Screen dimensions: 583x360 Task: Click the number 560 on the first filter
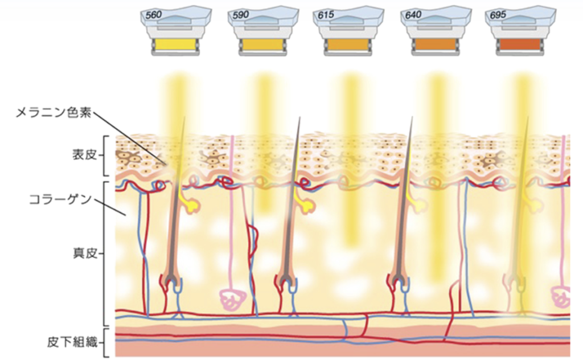click(154, 15)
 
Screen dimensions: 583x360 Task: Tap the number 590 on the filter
click(241, 15)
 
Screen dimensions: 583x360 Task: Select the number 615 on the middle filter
click(326, 15)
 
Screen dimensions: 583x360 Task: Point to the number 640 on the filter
click(413, 15)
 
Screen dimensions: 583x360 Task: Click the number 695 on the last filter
click(498, 15)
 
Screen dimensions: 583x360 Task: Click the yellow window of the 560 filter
click(175, 44)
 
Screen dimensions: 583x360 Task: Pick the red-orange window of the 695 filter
click(520, 44)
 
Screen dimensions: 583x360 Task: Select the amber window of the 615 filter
click(348, 44)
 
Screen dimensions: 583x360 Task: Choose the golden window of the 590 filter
click(262, 44)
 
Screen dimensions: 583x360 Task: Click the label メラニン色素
click(54, 113)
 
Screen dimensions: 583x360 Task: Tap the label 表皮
click(84, 155)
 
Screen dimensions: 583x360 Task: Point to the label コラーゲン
click(60, 200)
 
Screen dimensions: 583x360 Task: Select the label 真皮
click(84, 253)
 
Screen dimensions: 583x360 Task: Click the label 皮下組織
click(72, 342)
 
